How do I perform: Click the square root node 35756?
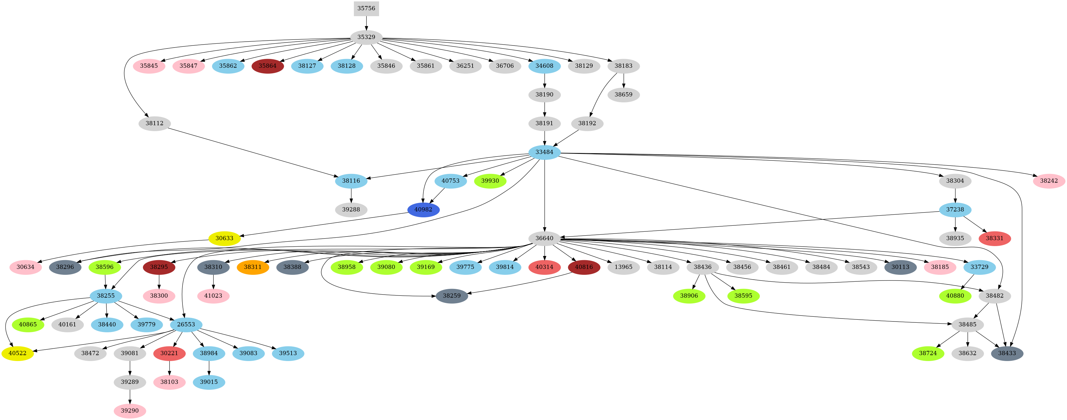(366, 9)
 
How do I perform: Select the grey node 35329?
(366, 37)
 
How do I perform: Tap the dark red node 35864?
(268, 66)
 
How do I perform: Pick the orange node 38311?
(253, 267)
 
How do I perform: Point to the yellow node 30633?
(224, 238)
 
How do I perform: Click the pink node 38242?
(1049, 181)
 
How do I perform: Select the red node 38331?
(994, 238)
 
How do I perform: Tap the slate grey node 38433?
(1007, 353)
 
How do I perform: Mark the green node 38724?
(928, 353)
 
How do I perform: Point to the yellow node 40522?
(17, 353)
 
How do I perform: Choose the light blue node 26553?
(186, 325)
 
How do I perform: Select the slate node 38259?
(452, 296)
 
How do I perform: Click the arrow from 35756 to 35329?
(366, 23)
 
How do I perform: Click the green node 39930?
(490, 181)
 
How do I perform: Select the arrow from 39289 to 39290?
(130, 396)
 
